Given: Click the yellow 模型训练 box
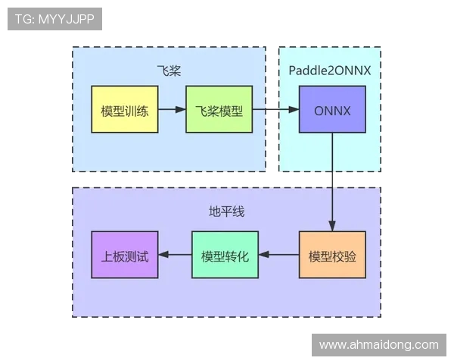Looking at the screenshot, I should click(x=125, y=109).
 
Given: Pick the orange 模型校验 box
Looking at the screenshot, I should click(x=332, y=255).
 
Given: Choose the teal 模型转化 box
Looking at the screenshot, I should click(x=225, y=255).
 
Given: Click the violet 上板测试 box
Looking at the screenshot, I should click(x=125, y=255).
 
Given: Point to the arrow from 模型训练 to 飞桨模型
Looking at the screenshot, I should click(x=172, y=109).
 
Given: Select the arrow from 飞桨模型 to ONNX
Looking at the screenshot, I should click(x=275, y=109).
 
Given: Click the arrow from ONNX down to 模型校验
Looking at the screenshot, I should click(x=332, y=182).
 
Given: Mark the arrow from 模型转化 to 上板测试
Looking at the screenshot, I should click(x=175, y=255).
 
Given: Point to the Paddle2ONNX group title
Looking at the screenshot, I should click(x=329, y=71).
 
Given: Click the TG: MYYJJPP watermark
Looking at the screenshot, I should click(x=54, y=19).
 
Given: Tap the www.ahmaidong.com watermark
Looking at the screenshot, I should click(x=378, y=344).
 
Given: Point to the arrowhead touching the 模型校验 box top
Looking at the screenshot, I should click(x=332, y=226).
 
